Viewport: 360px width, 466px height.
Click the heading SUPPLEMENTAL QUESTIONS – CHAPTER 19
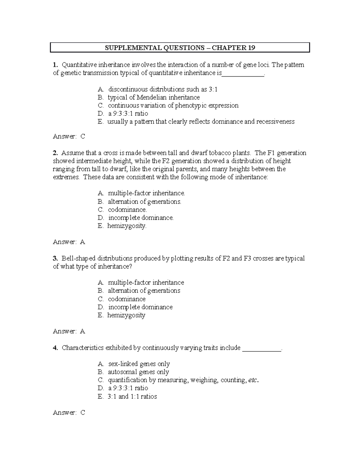[180, 48]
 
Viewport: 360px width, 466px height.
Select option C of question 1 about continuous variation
[173, 105]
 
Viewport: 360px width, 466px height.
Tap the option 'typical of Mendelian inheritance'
[154, 97]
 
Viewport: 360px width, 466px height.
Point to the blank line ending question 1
[243, 74]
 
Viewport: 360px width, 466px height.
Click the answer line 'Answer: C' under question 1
[69, 136]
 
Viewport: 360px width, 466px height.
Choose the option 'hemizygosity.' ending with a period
[127, 226]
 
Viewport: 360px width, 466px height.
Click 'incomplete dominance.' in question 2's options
[141, 218]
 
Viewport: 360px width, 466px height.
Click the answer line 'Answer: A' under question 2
[69, 242]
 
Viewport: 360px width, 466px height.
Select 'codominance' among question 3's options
[127, 299]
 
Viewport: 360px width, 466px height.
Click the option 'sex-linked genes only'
[139, 364]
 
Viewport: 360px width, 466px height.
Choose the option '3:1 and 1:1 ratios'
[132, 396]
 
